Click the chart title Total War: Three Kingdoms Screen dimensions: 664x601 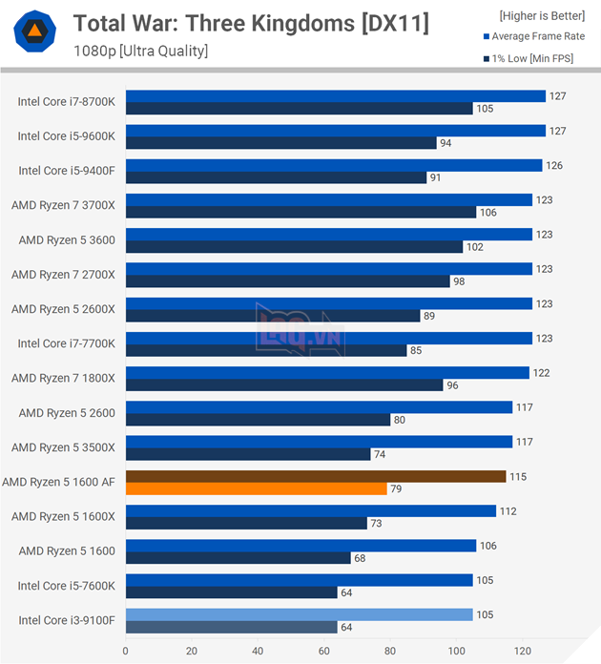tap(251, 24)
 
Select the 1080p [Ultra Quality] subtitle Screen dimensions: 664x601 tap(140, 51)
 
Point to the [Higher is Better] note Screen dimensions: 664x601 tap(542, 15)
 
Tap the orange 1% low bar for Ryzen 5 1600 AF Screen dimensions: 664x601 tap(256, 489)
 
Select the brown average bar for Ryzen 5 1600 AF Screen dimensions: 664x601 tap(315, 476)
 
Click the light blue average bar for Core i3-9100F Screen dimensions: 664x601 tap(299, 614)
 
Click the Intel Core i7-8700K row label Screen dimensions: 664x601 tap(66, 102)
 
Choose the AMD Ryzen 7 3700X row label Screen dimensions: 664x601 tap(63, 205)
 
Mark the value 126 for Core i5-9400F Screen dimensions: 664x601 tap(553, 165)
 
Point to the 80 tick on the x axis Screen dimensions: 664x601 tap(390, 652)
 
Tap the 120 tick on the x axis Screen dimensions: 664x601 tap(523, 652)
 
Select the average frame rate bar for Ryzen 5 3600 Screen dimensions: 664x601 tap(328, 234)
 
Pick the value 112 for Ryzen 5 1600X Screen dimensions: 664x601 tap(508, 510)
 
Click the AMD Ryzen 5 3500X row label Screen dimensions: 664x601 tap(63, 447)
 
